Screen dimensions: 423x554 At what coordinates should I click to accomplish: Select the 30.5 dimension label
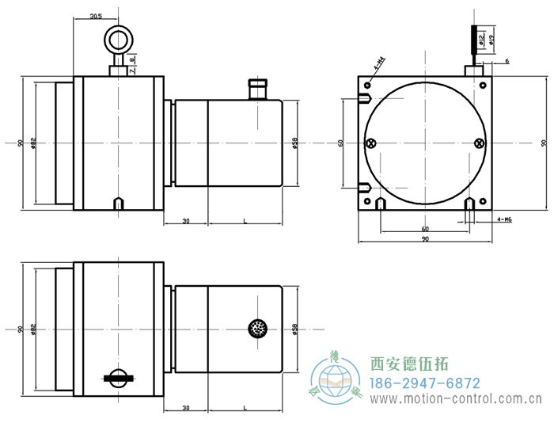click(95, 16)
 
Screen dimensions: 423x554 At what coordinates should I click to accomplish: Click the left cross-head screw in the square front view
click(370, 143)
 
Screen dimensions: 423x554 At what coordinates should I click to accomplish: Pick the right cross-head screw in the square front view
click(478, 143)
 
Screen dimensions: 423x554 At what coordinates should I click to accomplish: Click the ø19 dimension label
click(491, 37)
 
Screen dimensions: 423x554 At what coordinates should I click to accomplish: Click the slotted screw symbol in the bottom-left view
click(118, 378)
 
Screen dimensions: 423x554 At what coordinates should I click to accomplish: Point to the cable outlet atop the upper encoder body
click(257, 88)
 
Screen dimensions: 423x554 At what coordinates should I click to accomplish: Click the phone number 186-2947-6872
click(425, 383)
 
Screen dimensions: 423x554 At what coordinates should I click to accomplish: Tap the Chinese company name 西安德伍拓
click(409, 364)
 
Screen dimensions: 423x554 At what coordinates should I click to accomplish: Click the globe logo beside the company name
click(340, 380)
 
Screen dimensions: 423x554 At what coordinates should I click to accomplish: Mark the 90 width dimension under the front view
click(425, 239)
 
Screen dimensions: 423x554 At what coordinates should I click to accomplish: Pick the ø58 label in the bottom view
click(294, 329)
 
